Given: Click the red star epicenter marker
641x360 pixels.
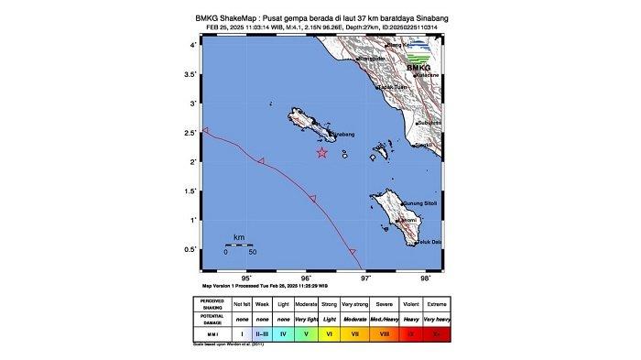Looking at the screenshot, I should coord(321,152).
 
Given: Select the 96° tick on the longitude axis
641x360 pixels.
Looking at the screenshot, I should coord(307,272).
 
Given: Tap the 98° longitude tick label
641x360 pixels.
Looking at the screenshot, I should coord(425,279).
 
